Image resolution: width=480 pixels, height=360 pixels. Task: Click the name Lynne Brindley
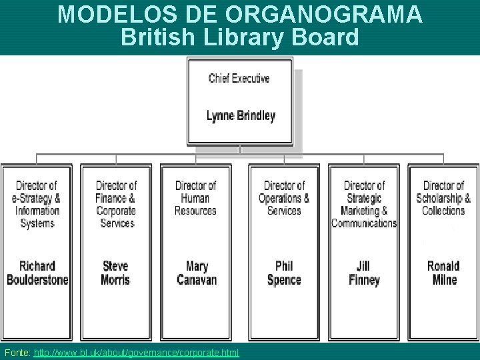[x=241, y=116]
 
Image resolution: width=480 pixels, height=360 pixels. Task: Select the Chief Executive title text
[x=239, y=79]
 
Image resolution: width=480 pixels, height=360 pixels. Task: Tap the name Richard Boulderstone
[x=37, y=273]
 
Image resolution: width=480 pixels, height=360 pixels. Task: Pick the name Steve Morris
[x=115, y=273]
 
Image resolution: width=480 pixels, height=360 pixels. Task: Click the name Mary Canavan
[x=197, y=273]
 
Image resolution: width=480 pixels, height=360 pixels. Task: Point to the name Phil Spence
[x=284, y=273]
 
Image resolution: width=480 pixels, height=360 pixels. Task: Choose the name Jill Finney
[x=364, y=273]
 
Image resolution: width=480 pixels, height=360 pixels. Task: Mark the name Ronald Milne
[x=443, y=273]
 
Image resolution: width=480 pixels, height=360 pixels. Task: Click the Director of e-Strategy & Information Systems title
[x=37, y=204]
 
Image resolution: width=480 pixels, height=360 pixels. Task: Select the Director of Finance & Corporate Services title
[x=116, y=204]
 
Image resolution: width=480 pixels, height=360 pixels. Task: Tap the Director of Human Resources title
[x=195, y=198]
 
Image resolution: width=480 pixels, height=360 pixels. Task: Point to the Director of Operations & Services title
[x=284, y=198]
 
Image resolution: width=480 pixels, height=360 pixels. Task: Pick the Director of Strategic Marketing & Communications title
[x=364, y=204]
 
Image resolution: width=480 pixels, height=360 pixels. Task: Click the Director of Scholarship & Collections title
[x=443, y=198]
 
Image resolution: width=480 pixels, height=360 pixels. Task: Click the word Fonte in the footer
[x=15, y=352]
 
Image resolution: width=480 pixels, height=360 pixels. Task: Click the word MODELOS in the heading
[x=101, y=14]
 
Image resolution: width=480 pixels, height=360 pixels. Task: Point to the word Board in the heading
[x=327, y=37]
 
